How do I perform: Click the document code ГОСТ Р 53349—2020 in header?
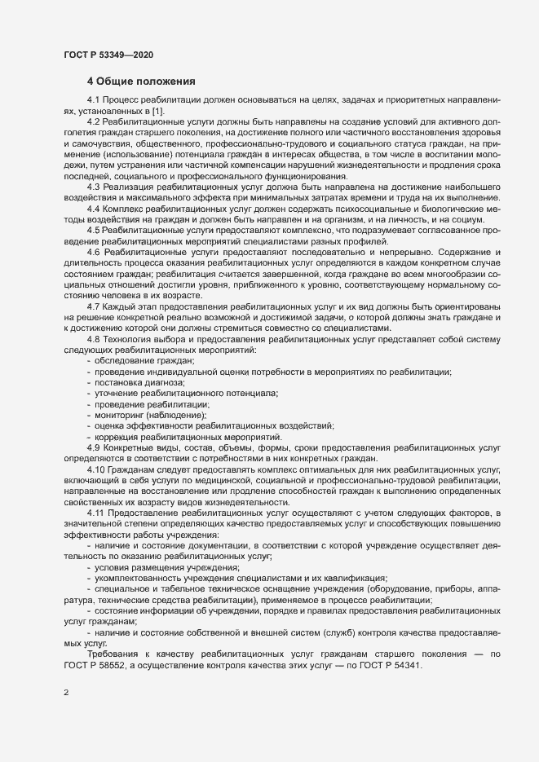pyautogui.click(x=108, y=55)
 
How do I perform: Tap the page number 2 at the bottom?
pyautogui.click(x=66, y=694)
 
